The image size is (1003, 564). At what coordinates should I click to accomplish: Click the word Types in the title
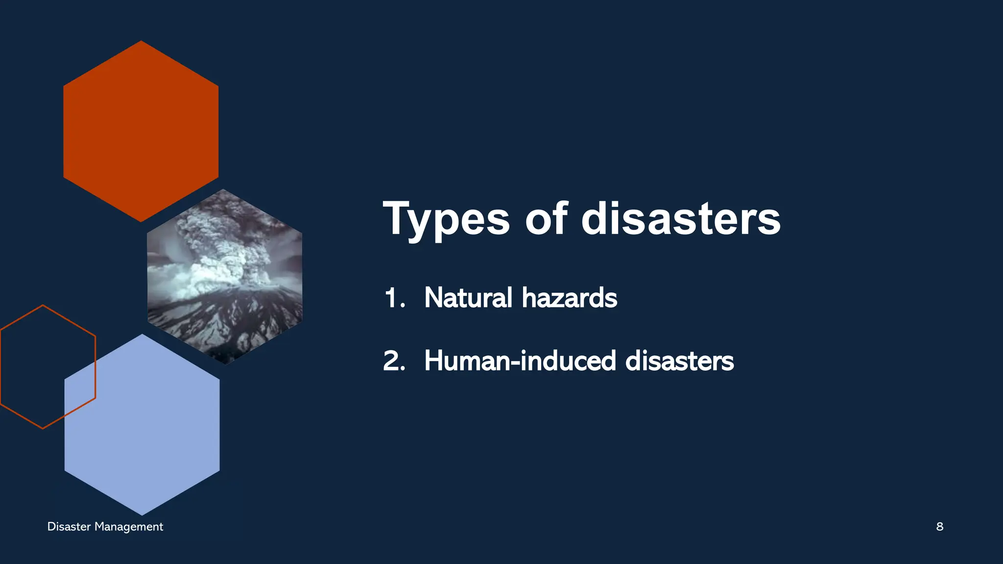tap(446, 219)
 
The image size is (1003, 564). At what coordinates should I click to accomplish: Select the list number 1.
tap(394, 298)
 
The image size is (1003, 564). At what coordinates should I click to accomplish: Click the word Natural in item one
tap(468, 298)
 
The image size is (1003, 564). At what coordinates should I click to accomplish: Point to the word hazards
tap(570, 298)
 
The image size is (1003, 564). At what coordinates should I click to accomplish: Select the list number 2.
tap(394, 361)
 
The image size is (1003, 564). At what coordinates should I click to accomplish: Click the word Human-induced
tap(520, 361)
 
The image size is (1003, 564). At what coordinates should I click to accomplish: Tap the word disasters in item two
tap(680, 361)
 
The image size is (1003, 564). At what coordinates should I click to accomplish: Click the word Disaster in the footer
tap(69, 527)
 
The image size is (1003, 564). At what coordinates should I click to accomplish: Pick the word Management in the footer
tap(129, 527)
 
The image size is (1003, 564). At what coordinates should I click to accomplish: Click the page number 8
tap(940, 527)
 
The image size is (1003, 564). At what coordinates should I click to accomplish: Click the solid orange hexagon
tap(141, 131)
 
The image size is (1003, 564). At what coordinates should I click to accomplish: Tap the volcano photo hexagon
tap(225, 277)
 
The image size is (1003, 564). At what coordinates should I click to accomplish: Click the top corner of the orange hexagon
tap(141, 42)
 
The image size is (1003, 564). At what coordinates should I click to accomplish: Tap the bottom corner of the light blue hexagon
tap(142, 514)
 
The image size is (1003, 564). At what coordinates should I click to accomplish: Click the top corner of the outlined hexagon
tap(43, 305)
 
